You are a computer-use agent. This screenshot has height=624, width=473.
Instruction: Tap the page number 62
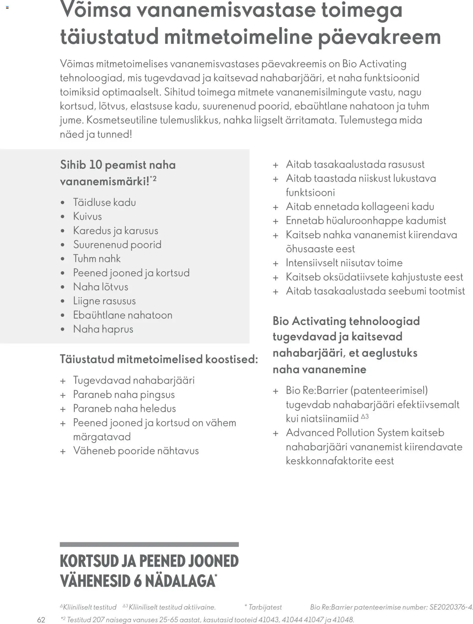[41, 619]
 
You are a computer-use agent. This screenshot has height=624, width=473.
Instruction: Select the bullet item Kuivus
[87, 216]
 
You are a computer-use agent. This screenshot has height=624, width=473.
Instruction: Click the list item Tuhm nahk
[97, 259]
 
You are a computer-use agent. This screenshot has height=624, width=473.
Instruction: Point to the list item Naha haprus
[103, 329]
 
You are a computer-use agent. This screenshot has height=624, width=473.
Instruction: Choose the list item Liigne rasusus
[104, 301]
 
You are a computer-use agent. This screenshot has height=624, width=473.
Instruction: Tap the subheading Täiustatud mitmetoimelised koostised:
[159, 359]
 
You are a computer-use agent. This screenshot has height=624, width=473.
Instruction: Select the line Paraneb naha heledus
[125, 408]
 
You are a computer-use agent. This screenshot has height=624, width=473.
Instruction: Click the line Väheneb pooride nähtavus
[136, 451]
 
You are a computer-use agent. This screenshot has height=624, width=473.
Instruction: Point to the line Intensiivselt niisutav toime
[344, 263]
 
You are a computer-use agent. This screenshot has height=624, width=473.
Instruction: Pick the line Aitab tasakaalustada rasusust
[355, 164]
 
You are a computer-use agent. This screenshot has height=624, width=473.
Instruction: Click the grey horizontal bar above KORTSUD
[149, 544]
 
